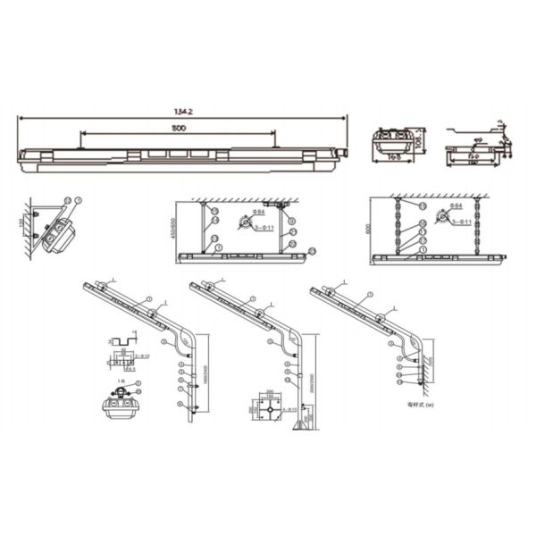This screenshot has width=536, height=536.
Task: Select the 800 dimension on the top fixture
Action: click(180, 130)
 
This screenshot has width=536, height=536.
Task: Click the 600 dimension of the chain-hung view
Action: click(366, 228)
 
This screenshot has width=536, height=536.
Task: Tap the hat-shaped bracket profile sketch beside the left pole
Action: click(121, 344)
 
